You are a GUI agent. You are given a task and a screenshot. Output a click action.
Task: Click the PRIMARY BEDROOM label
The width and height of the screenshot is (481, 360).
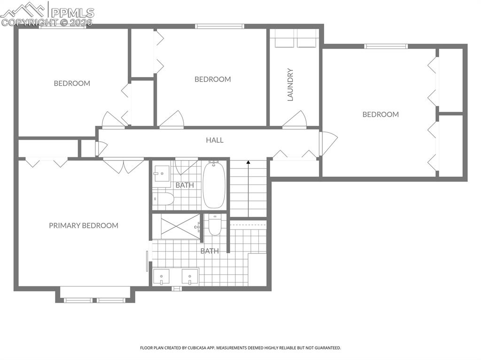[84, 225]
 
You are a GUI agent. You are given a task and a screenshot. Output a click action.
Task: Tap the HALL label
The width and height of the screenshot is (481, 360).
[215, 140]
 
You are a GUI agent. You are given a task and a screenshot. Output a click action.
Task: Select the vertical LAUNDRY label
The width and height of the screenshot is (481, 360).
[290, 85]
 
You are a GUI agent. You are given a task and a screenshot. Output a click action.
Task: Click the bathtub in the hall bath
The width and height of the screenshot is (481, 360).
[214, 184]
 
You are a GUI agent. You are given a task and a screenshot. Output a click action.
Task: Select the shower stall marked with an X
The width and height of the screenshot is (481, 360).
[180, 227]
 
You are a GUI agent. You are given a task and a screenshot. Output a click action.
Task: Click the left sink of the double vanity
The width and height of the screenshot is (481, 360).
[162, 277]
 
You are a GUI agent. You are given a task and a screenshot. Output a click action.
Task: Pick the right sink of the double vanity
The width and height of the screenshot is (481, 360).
[190, 277]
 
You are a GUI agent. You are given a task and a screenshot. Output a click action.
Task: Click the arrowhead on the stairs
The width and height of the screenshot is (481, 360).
[248, 162]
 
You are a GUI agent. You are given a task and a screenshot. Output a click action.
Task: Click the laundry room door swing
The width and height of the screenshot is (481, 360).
[295, 119]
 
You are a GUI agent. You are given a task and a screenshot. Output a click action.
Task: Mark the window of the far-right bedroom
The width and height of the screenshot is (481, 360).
[386, 46]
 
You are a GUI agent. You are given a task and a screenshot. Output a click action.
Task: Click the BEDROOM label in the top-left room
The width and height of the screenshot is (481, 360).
[72, 83]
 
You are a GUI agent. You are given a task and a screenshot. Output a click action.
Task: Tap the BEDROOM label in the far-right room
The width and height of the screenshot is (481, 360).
[380, 114]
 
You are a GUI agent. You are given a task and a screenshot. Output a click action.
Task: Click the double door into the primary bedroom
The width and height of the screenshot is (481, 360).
[124, 165]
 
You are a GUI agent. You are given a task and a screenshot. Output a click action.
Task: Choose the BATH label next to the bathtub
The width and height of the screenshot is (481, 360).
[185, 185]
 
